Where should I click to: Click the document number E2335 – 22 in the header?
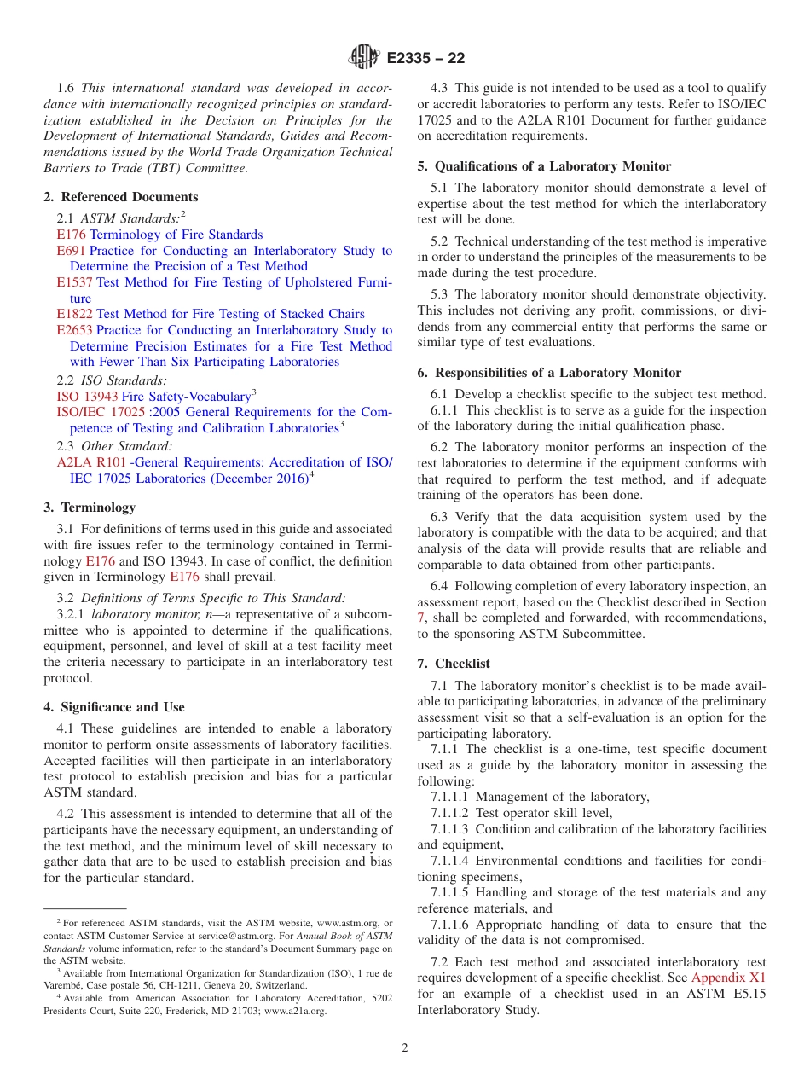tap(425, 59)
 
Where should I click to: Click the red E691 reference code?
tap(71, 251)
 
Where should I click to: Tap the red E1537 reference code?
tap(74, 282)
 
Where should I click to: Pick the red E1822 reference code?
tap(74, 314)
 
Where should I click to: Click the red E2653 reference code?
tap(74, 330)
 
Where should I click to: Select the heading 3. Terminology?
tap(90, 508)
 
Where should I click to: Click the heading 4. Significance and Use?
tap(114, 707)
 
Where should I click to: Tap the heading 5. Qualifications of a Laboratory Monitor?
tap(544, 166)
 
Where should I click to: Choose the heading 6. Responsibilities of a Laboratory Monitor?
tap(549, 373)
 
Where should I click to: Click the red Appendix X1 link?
tap(728, 978)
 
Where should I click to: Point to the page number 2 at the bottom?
tap(405, 1048)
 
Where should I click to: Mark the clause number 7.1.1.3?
tap(450, 829)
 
